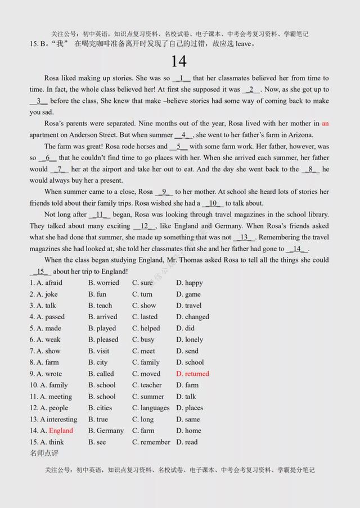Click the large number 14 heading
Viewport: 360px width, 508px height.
(179, 61)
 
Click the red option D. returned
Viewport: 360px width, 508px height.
(192, 374)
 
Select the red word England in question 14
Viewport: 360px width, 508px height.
(61, 430)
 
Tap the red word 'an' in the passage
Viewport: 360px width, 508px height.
(325, 123)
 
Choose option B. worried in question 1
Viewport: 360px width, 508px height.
(103, 283)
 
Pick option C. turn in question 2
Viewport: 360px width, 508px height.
(142, 294)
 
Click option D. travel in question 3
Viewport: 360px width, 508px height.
(188, 306)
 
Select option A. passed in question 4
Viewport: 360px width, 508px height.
(47, 317)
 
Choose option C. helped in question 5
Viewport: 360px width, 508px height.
(146, 328)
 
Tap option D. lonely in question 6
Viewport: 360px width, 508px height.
(190, 339)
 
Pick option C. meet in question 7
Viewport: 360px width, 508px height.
(143, 351)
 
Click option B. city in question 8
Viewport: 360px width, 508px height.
(98, 362)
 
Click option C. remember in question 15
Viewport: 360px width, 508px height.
(151, 442)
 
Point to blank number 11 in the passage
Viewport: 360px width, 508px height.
(102, 215)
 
